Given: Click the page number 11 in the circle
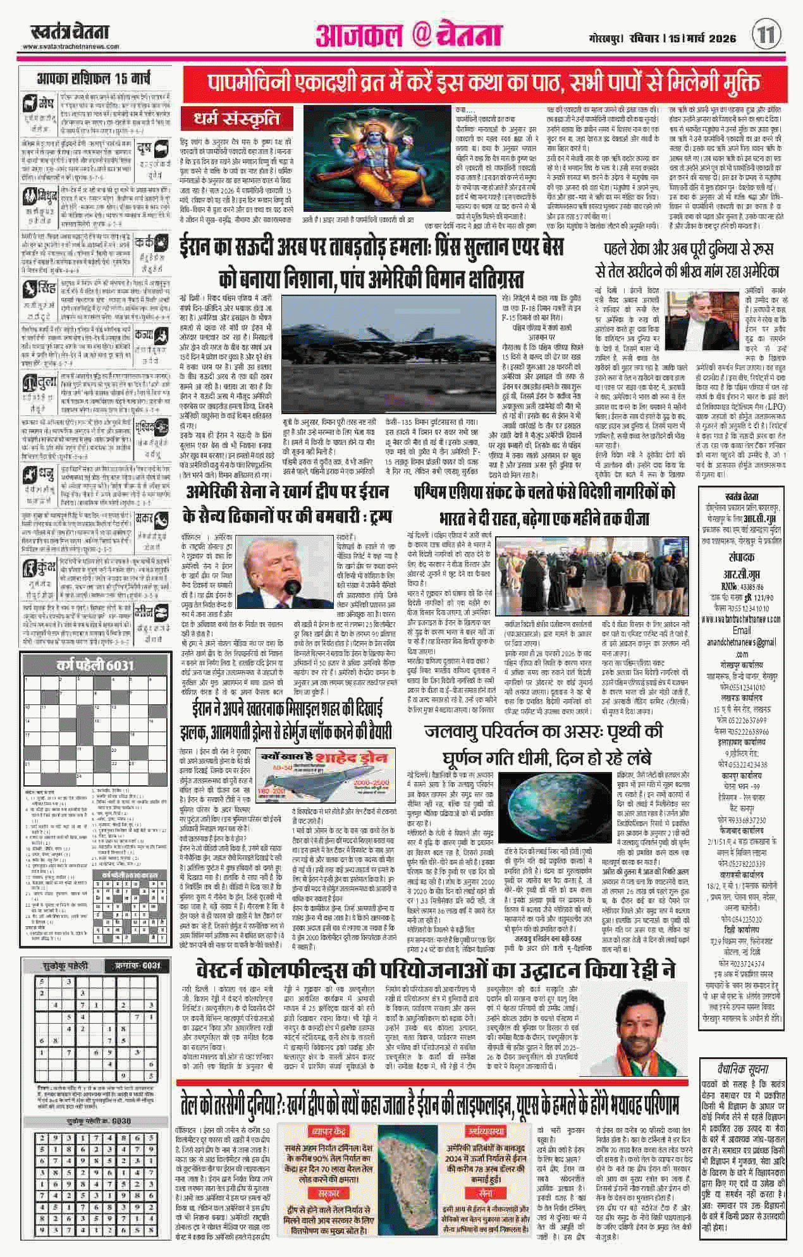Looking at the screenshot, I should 767,34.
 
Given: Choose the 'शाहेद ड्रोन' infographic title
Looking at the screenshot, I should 351,759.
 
